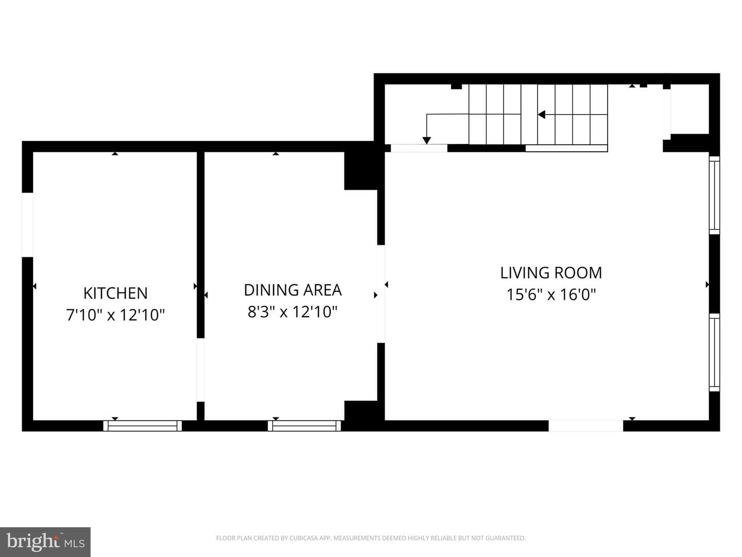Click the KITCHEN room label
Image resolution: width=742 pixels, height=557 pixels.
point(115,293)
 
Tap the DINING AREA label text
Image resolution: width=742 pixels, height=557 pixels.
point(293,290)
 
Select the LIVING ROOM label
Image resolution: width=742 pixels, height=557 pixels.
point(551,273)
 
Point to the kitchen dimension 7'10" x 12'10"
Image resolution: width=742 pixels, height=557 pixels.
point(115,315)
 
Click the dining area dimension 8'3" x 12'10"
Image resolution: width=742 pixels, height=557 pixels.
point(293,312)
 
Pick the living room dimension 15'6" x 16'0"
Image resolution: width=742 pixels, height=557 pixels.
point(551,294)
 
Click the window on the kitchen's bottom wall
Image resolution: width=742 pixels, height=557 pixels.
point(142,426)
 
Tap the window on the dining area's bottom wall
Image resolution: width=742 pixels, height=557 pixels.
point(304,426)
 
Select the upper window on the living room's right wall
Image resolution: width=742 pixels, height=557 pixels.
point(714,195)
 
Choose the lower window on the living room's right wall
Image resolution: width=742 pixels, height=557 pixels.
point(714,352)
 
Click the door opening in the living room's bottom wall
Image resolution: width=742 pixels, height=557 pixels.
point(586,426)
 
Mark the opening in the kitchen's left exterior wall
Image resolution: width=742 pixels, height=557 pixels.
point(27,225)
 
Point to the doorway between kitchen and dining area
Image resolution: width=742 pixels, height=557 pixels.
point(200,370)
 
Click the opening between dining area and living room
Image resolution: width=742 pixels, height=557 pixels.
point(381,294)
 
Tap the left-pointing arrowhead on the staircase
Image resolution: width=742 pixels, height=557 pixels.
point(541,114)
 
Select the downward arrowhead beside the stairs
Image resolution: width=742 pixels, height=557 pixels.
point(427,140)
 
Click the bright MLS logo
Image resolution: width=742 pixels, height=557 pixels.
point(45,542)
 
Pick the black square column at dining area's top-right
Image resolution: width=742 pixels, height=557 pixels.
point(361,171)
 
